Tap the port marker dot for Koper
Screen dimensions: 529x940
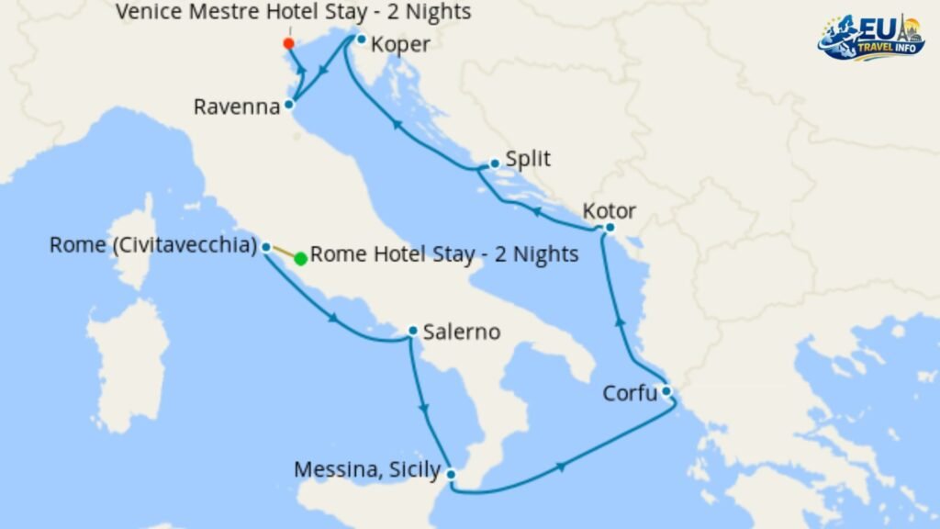[x=362, y=39]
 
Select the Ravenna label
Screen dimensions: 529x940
[x=236, y=107]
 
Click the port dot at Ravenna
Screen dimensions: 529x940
[x=288, y=105]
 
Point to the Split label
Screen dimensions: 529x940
[x=528, y=159]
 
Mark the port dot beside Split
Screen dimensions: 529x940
[x=495, y=163]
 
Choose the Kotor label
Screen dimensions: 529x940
[x=610, y=211]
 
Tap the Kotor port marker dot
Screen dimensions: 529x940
[x=609, y=228]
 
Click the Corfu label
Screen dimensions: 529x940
[x=630, y=394]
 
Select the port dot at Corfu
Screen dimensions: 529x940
[x=666, y=392]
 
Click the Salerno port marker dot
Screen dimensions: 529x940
[x=413, y=331]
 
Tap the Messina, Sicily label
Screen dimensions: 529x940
[x=366, y=469]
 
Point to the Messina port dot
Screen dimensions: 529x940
[x=451, y=474]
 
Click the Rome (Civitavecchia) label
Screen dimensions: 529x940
[x=153, y=245]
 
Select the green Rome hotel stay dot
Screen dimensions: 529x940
[x=300, y=258]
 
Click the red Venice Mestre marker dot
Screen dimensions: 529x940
[x=288, y=43]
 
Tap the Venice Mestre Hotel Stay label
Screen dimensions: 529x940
[x=294, y=12]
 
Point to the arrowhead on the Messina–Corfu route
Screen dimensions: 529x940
[x=560, y=467]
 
